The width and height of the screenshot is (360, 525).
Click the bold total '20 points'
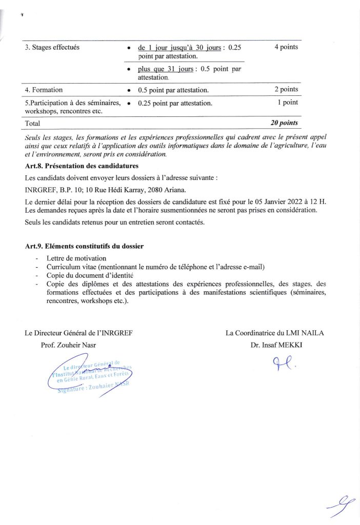(x=284, y=123)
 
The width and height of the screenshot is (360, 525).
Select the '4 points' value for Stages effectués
(x=286, y=47)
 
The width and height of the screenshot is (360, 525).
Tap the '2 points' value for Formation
(x=286, y=90)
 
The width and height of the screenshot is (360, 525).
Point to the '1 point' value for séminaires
(x=287, y=102)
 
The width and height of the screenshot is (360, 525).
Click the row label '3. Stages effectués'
(x=52, y=48)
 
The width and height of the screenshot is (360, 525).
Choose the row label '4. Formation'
(x=44, y=90)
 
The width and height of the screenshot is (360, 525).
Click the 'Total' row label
(x=33, y=124)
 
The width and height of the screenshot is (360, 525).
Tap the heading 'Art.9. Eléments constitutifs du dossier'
(x=84, y=246)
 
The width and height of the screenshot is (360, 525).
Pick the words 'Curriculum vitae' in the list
(x=71, y=267)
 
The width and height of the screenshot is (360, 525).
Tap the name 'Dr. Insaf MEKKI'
(x=276, y=345)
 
